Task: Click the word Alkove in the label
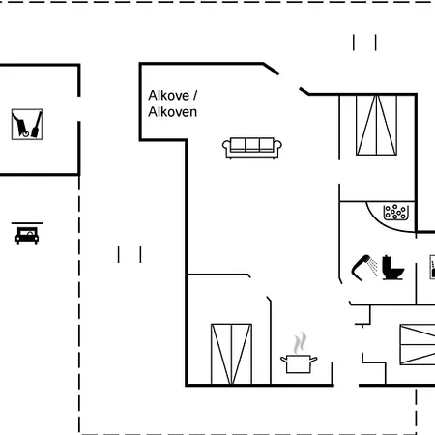pyautogui.click(x=168, y=96)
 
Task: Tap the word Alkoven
pyautogui.click(x=172, y=112)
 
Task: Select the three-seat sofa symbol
pyautogui.click(x=252, y=148)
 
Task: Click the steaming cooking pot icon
pyautogui.click(x=299, y=353)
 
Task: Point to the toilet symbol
pyautogui.click(x=392, y=268)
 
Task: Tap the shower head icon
pyautogui.click(x=361, y=267)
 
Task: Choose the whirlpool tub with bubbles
pyautogui.click(x=396, y=213)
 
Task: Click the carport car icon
pyautogui.click(x=27, y=235)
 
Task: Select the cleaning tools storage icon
pyautogui.click(x=27, y=125)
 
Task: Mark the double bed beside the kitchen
pyautogui.click(x=231, y=354)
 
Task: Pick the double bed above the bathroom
pyautogui.click(x=376, y=125)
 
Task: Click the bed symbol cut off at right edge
pyautogui.click(x=418, y=344)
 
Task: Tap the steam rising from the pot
pyautogui.click(x=300, y=343)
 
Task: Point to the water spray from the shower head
pyautogui.click(x=373, y=266)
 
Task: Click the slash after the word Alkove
pyautogui.click(x=195, y=96)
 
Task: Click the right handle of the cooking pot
pyautogui.click(x=313, y=359)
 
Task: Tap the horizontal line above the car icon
pyautogui.click(x=27, y=223)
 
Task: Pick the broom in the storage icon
pyautogui.click(x=37, y=125)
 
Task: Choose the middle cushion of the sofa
pyautogui.click(x=252, y=145)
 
